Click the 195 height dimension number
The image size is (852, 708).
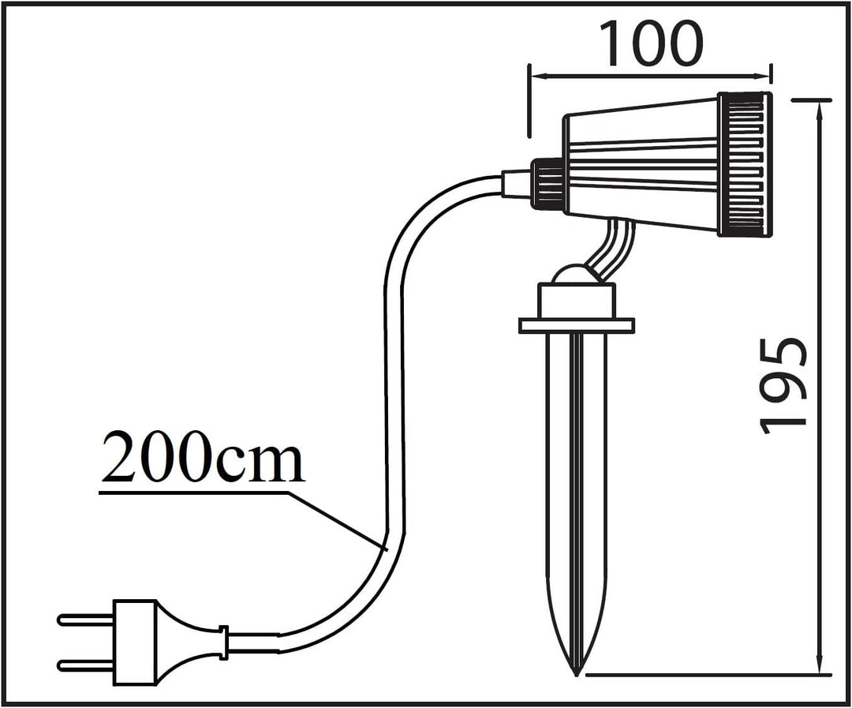pyautogui.click(x=782, y=387)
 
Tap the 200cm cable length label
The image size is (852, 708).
pyautogui.click(x=202, y=457)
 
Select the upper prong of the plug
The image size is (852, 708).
pyautogui.click(x=85, y=619)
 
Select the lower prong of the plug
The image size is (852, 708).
pyautogui.click(x=85, y=665)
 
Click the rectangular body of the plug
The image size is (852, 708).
pyautogui.click(x=134, y=642)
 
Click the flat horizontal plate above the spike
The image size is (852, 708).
pyautogui.click(x=577, y=325)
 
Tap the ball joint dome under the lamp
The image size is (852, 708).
pyautogui.click(x=576, y=274)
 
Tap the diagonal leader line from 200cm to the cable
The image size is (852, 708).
pyautogui.click(x=337, y=522)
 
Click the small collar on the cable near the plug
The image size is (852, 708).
pyautogui.click(x=223, y=642)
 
